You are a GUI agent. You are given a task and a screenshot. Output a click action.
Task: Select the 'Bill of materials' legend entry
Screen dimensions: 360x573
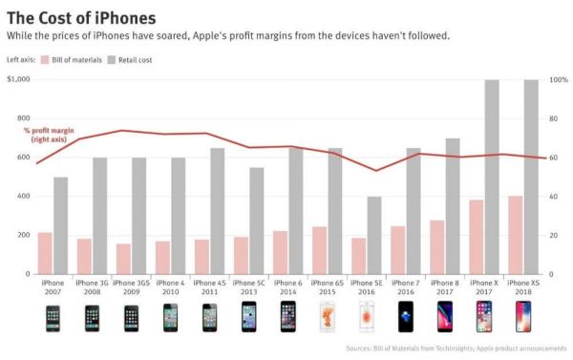point(77,59)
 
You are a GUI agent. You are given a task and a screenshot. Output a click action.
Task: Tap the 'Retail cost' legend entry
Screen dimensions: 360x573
point(136,59)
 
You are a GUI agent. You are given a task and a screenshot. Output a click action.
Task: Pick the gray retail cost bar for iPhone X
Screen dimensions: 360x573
point(492,177)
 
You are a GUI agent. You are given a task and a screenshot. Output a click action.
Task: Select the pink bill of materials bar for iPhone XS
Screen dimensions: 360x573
point(516,235)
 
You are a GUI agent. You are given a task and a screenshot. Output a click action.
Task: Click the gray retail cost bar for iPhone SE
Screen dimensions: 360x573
point(374,235)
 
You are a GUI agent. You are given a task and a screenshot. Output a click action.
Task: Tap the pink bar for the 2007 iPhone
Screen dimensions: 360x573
point(45,253)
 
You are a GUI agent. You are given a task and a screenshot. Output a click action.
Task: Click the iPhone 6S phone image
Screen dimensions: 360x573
point(328,316)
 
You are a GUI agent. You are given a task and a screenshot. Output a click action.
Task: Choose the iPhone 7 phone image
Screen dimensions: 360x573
point(406,316)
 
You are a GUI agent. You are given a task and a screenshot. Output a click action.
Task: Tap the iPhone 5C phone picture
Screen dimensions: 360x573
point(248,316)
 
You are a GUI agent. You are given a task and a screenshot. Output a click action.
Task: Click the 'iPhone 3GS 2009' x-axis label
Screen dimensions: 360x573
point(131,287)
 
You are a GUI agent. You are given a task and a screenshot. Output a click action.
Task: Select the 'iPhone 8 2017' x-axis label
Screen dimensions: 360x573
point(445,287)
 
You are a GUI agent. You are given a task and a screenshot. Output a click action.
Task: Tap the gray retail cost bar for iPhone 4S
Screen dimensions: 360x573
point(218,211)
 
